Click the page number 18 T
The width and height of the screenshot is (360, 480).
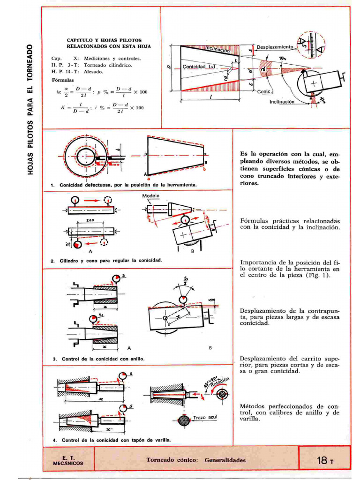pyautogui.click(x=324, y=460)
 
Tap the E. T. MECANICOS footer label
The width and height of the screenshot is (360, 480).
pyautogui.click(x=68, y=460)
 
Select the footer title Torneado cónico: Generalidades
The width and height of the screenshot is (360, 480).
pyautogui.click(x=196, y=460)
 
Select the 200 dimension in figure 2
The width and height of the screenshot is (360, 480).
pyautogui.click(x=90, y=220)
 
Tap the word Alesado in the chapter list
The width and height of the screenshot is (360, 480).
pyautogui.click(x=94, y=72)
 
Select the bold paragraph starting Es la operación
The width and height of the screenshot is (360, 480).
pyautogui.click(x=289, y=168)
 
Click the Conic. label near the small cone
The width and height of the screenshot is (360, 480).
pyautogui.click(x=265, y=92)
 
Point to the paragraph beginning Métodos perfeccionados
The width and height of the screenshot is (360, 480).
pyautogui.click(x=289, y=412)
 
